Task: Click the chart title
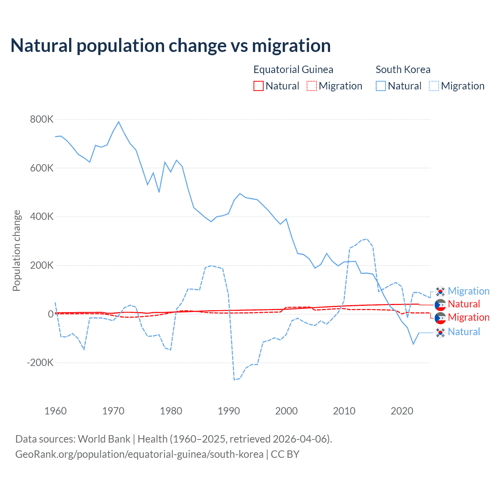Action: (x=171, y=46)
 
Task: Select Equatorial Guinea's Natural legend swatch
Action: (x=259, y=86)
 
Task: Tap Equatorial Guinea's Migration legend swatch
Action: (x=312, y=86)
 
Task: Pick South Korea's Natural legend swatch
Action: (x=381, y=86)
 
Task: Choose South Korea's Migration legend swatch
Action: (x=434, y=86)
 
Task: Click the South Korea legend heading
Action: (x=403, y=70)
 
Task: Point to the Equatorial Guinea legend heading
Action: (x=293, y=70)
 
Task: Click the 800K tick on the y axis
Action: (x=42, y=120)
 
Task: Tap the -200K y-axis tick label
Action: (x=40, y=362)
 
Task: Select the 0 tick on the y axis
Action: (x=50, y=314)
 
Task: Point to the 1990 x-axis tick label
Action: (x=229, y=411)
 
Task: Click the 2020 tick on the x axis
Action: (x=402, y=411)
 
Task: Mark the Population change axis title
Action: (x=16, y=250)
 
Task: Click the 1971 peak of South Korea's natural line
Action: (x=119, y=122)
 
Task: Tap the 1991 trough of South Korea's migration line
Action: (x=234, y=379)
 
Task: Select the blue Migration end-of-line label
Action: (x=468, y=291)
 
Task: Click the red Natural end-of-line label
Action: (x=464, y=304)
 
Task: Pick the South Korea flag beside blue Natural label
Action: (x=440, y=332)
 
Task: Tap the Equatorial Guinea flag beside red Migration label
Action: (x=440, y=318)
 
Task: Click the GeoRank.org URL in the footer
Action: (x=139, y=454)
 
